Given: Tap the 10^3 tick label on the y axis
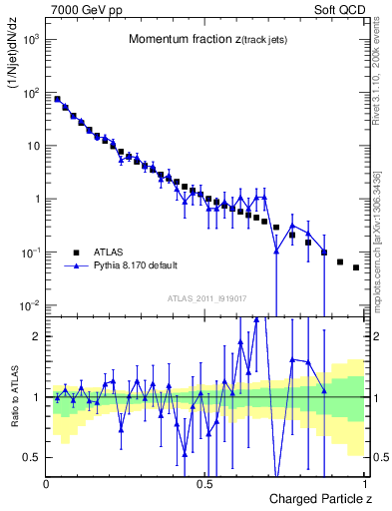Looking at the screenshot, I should click(x=30, y=40).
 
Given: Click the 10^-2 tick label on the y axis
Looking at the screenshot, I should click(x=30, y=304).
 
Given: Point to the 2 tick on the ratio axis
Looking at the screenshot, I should click(x=37, y=336).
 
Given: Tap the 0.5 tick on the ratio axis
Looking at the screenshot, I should click(x=33, y=457).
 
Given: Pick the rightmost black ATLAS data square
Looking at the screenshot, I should click(x=356, y=267).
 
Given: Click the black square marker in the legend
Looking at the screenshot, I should click(x=77, y=253).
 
